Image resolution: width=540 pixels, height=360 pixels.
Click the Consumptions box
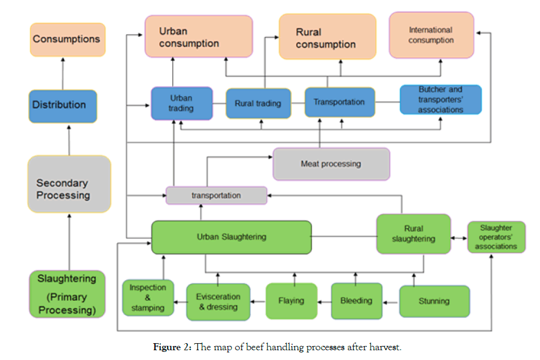pos(67,39)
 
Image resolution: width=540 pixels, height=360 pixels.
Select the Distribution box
pos(62,105)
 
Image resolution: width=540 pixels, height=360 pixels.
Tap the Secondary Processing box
pos(69,184)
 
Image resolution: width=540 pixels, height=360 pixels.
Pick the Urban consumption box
pos(198,36)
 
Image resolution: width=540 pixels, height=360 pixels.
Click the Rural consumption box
pos(327,36)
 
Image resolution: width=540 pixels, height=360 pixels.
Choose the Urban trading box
pos(181,103)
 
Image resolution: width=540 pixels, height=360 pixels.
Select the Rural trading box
pos(258,103)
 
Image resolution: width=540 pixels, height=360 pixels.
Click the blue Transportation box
pos(340,102)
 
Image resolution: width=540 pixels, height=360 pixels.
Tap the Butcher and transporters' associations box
pos(440,99)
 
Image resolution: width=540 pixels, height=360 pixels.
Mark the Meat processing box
pos(331,163)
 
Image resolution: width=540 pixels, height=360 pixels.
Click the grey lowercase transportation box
pos(216,195)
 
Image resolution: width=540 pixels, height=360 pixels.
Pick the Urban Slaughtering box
pos(231,237)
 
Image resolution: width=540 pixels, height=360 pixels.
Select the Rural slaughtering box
pos(413,234)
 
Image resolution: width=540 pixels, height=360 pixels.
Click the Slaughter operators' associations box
pos(496,237)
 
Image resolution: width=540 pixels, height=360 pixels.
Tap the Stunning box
pos(434,301)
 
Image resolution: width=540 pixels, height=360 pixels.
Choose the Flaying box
pos(291,301)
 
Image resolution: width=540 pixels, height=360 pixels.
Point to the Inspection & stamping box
pos(148,298)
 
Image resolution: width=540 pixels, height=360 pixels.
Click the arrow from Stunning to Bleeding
pos(391,301)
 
